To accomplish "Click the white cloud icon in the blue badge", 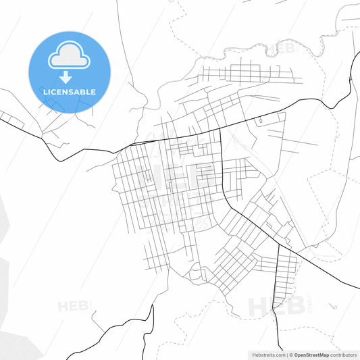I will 68,57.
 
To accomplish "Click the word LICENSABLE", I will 69,92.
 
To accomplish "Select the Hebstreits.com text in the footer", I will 267,355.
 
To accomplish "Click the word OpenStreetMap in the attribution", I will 311,355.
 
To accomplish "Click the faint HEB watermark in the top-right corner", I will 280,49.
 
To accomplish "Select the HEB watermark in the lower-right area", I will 270,306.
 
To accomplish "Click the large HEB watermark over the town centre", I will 179,177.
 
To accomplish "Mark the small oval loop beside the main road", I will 259,120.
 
